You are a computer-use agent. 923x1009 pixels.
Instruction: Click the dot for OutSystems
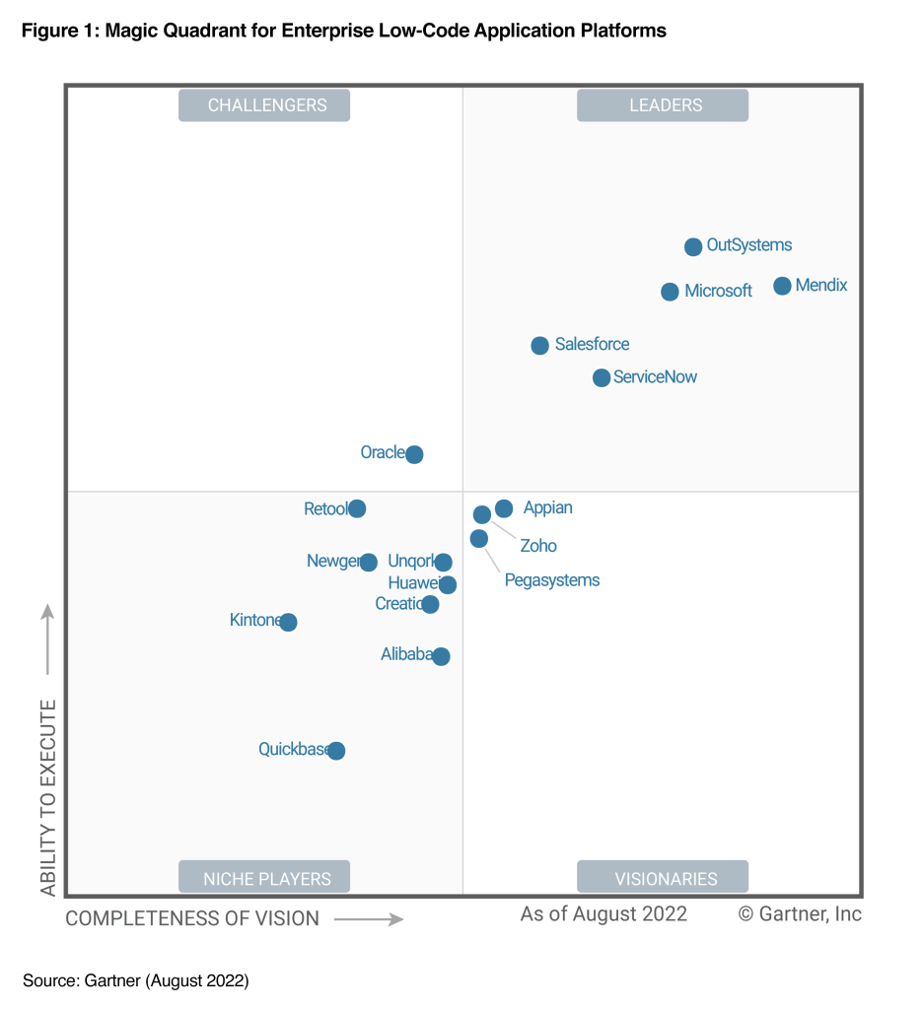click(693, 246)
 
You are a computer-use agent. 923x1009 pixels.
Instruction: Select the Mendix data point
click(782, 286)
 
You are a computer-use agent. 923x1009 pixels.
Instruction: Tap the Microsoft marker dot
click(670, 292)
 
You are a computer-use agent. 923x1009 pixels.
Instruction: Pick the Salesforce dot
click(539, 345)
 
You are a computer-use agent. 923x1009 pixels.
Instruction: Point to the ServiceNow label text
click(655, 377)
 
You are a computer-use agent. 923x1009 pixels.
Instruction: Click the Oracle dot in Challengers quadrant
click(414, 454)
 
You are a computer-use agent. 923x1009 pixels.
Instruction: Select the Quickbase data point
click(336, 751)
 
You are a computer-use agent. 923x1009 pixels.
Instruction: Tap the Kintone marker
click(288, 622)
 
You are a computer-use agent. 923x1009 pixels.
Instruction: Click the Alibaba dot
click(441, 656)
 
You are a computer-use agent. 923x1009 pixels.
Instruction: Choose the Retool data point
click(357, 508)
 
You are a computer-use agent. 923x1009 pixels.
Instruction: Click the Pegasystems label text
click(551, 580)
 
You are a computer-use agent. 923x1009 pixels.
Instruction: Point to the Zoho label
click(538, 546)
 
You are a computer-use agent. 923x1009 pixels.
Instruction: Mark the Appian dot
click(504, 508)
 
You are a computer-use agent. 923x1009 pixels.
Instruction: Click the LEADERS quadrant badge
click(663, 105)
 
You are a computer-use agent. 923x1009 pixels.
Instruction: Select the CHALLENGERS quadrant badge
click(264, 105)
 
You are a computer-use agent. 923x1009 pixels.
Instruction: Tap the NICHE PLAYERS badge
click(264, 877)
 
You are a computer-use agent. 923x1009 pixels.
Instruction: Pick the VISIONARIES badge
click(663, 877)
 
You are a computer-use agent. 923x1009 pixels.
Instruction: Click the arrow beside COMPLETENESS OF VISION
click(369, 919)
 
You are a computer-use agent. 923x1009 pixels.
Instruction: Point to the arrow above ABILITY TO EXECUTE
click(47, 640)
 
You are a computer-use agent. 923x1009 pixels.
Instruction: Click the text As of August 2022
click(603, 913)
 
